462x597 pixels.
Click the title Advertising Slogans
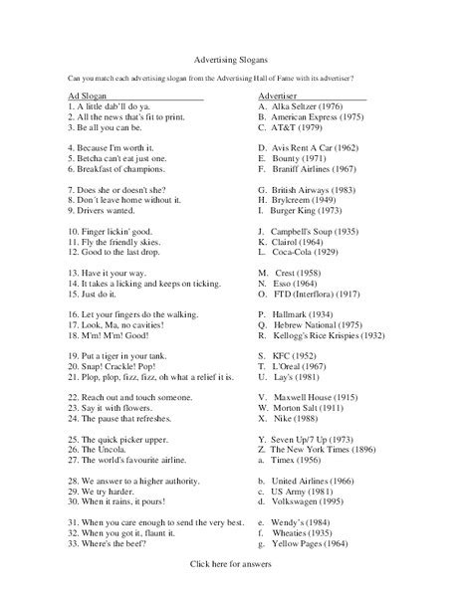[x=230, y=59]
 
